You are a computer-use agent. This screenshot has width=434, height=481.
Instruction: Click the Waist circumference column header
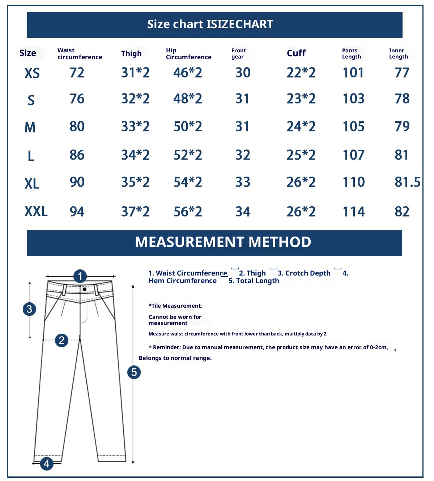tap(80, 53)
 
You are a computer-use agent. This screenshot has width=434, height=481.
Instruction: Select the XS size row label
tap(32, 73)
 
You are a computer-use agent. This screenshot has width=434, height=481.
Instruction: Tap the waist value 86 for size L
tap(77, 155)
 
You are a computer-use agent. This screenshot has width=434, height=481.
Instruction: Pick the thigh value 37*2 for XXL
tap(135, 212)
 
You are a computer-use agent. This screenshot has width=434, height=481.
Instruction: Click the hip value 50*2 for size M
tap(188, 126)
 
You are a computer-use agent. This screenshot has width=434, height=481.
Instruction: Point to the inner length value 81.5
tap(408, 182)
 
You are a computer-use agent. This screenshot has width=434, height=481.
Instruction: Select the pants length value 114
tap(354, 212)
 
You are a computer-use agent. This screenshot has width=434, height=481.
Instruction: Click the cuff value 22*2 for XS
tap(301, 73)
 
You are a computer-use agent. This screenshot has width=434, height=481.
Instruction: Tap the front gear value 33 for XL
tap(243, 182)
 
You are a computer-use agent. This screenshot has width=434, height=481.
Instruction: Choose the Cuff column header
tap(296, 53)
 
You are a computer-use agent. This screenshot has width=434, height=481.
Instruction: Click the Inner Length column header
tap(399, 53)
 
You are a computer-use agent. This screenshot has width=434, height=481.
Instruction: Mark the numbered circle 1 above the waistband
tap(80, 276)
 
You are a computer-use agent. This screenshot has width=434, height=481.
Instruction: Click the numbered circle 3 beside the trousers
tap(29, 309)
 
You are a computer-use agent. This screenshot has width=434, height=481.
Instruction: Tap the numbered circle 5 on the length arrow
tap(134, 372)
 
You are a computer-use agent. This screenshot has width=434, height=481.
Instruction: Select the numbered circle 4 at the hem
tap(47, 463)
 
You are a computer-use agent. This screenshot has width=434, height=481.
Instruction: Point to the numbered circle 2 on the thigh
tap(61, 340)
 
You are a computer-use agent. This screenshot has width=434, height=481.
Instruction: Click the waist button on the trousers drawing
tap(84, 289)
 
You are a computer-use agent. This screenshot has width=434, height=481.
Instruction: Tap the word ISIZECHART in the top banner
tap(240, 24)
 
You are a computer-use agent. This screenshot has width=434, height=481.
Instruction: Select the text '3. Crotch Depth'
tap(304, 273)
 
